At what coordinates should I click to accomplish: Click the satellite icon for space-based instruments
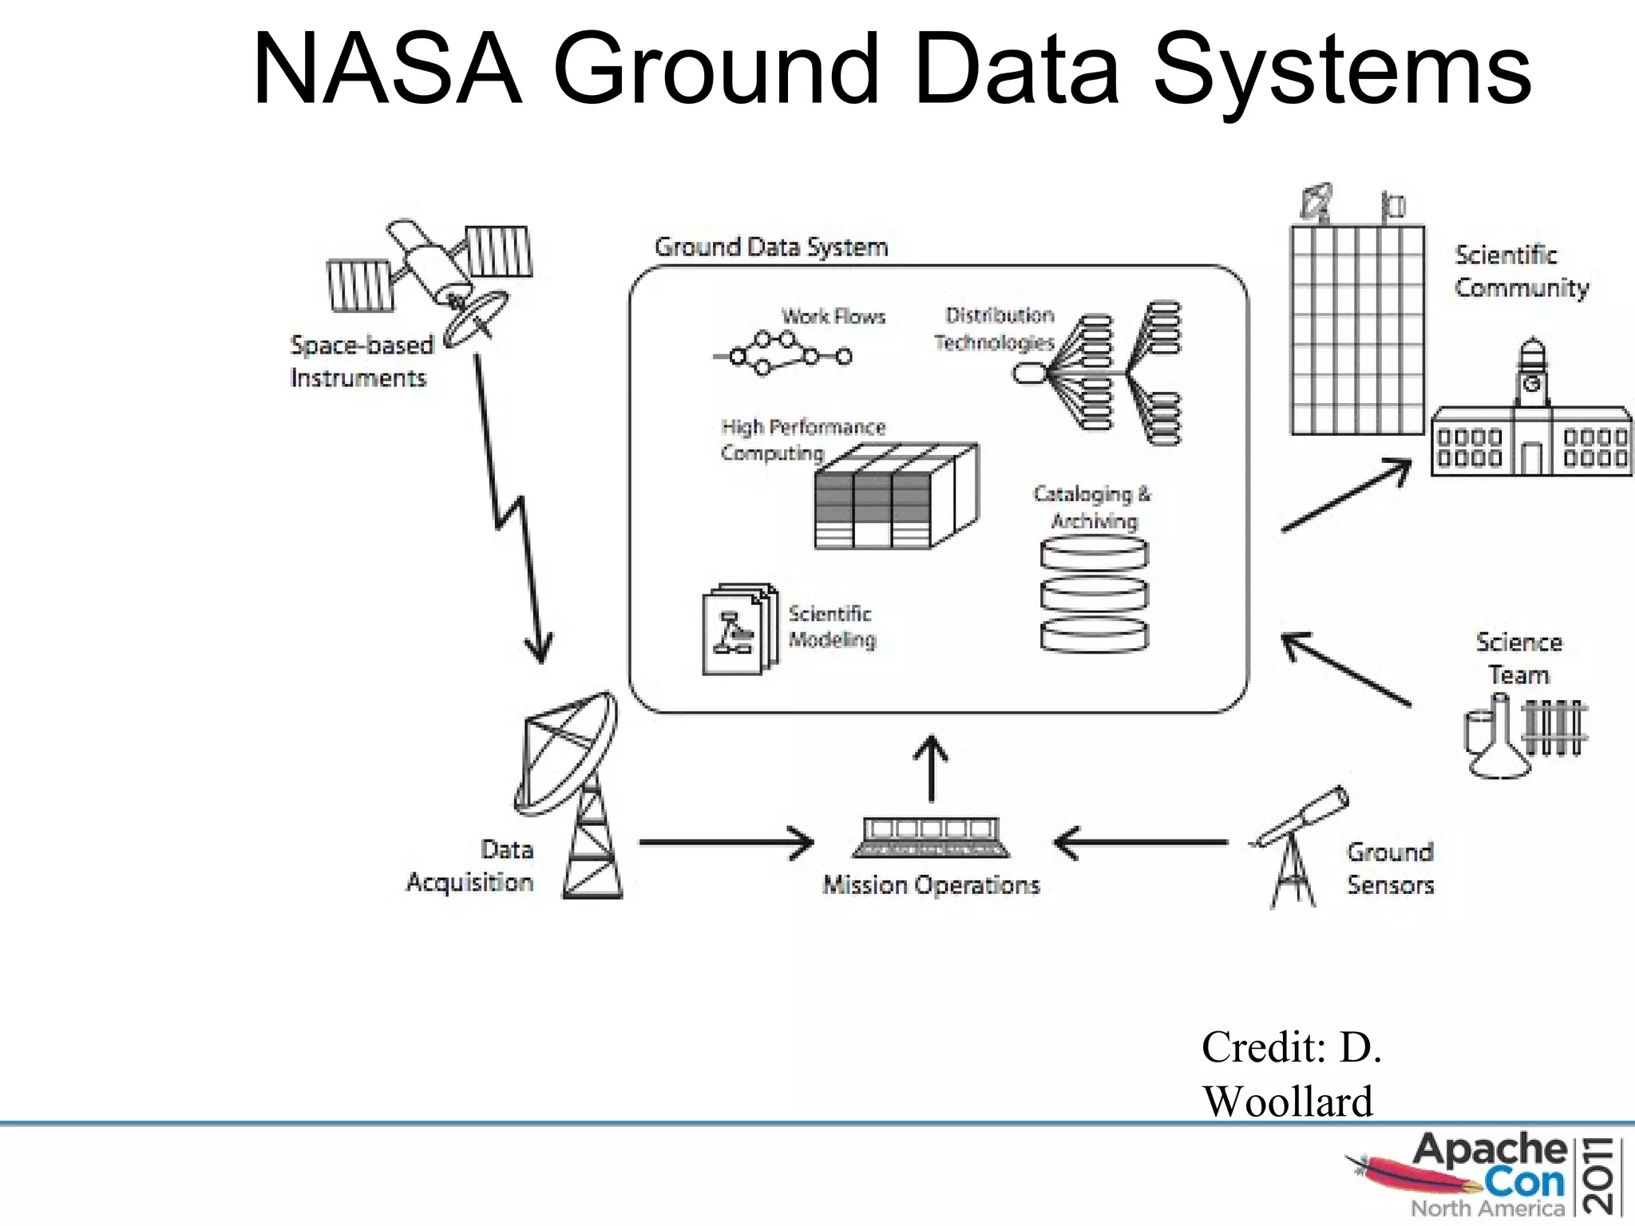(431, 275)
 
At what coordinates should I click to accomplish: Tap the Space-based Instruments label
(360, 361)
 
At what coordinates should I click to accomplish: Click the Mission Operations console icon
(931, 837)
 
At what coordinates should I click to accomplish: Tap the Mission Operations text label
(931, 885)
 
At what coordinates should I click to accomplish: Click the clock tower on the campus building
(1532, 375)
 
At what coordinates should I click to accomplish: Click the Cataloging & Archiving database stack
(1095, 595)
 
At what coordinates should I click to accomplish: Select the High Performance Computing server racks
(894, 499)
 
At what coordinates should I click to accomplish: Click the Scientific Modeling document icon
(738, 631)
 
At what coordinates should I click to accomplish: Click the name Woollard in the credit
(1287, 1101)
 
